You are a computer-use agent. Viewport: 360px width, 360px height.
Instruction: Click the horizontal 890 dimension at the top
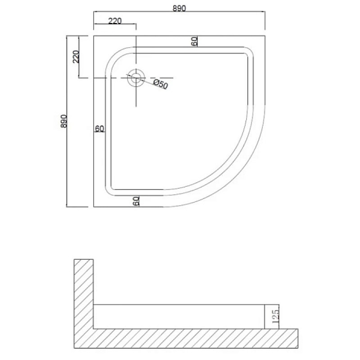(x=179, y=9)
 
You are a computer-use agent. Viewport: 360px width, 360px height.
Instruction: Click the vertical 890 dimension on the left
(x=64, y=121)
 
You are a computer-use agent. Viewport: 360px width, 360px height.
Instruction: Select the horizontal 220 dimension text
(x=115, y=21)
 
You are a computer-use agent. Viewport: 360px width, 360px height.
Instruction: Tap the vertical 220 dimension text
(x=76, y=57)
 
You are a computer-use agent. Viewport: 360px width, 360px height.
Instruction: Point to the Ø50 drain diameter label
(x=161, y=84)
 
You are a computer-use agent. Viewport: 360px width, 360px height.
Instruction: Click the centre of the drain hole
(x=136, y=78)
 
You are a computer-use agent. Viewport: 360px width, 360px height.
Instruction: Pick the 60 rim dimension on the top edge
(x=194, y=41)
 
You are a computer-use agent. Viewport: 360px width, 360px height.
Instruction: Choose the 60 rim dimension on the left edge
(x=99, y=129)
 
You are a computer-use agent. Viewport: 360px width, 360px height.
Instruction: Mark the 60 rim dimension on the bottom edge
(x=136, y=201)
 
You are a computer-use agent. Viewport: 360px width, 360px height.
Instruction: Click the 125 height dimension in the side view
(x=276, y=316)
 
